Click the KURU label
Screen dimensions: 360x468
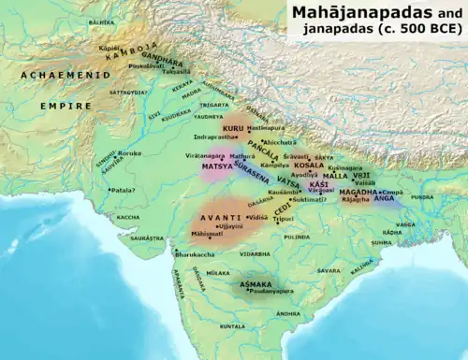click(232, 125)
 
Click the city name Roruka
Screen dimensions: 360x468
click(128, 152)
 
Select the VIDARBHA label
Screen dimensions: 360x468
click(255, 253)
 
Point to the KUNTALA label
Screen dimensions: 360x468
click(232, 326)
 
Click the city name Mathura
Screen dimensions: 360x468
click(241, 157)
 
